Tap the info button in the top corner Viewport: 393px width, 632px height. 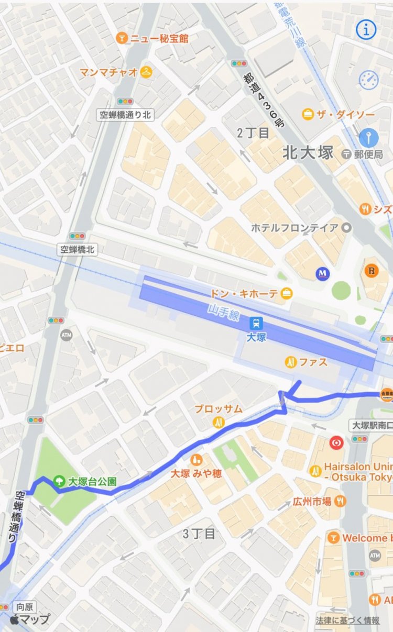(366, 30)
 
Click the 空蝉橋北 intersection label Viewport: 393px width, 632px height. (77, 250)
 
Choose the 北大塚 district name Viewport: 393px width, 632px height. (308, 153)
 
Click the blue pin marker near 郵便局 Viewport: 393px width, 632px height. (368, 138)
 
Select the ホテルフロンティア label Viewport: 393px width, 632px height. (295, 228)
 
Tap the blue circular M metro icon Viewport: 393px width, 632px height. (322, 273)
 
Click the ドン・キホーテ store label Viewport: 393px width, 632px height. (244, 293)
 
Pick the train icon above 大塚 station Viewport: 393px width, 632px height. (257, 323)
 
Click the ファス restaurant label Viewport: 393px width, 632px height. (313, 362)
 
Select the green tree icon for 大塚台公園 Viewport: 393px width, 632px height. (60, 481)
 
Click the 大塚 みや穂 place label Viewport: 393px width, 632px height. (197, 473)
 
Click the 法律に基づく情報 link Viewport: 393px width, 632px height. (347, 620)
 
